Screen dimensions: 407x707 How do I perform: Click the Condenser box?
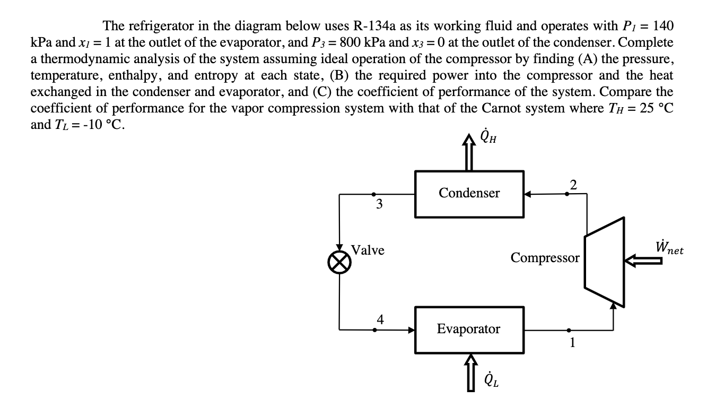(469, 194)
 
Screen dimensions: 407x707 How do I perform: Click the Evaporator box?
(469, 330)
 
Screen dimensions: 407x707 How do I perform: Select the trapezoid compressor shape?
(604, 262)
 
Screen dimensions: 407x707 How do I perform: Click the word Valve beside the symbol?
(368, 250)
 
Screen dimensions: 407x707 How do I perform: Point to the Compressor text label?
(545, 258)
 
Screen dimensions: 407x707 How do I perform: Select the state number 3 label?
(379, 204)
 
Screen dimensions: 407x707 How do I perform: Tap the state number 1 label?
(572, 343)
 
